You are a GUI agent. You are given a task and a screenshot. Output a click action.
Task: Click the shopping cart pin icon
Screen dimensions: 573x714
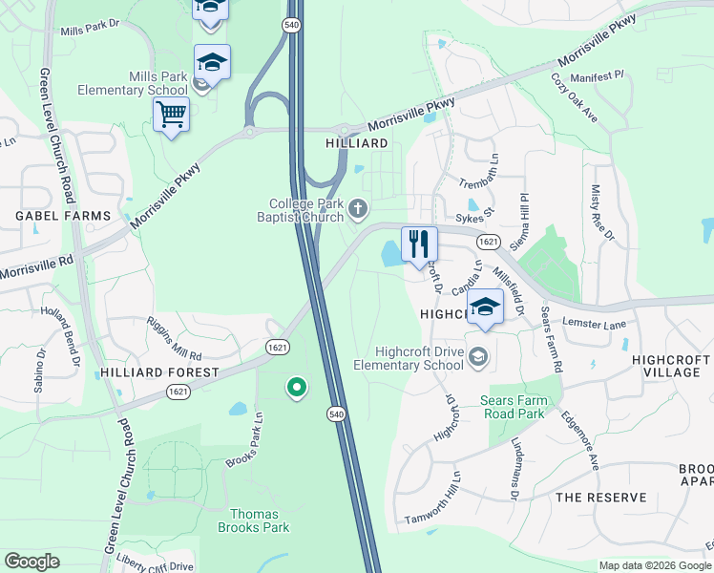click(x=171, y=116)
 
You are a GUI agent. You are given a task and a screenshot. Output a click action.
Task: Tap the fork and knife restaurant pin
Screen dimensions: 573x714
click(x=418, y=244)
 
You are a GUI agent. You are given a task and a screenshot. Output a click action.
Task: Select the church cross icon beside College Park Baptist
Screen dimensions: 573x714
click(x=358, y=207)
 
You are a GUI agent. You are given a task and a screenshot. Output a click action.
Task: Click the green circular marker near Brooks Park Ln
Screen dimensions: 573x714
click(x=297, y=387)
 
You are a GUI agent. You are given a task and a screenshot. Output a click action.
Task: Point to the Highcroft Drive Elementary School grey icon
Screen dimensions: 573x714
click(x=478, y=357)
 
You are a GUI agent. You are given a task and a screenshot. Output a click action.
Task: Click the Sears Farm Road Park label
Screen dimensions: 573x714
click(x=514, y=408)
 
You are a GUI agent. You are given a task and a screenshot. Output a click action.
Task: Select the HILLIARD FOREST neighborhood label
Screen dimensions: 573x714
click(x=159, y=372)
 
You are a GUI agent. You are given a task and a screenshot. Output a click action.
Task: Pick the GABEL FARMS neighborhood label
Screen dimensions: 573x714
click(x=64, y=217)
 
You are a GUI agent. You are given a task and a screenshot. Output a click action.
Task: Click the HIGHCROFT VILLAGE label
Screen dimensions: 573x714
click(x=670, y=367)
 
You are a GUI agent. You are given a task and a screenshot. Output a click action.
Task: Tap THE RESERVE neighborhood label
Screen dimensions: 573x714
click(x=601, y=498)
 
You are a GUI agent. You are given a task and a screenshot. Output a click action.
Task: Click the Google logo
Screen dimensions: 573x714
click(x=31, y=562)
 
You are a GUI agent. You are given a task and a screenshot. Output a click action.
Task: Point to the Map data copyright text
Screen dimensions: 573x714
click(x=654, y=565)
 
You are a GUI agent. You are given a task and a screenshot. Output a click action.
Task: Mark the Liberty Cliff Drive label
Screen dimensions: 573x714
click(x=155, y=566)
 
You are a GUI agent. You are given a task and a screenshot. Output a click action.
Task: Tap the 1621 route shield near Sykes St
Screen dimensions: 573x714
click(x=487, y=242)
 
